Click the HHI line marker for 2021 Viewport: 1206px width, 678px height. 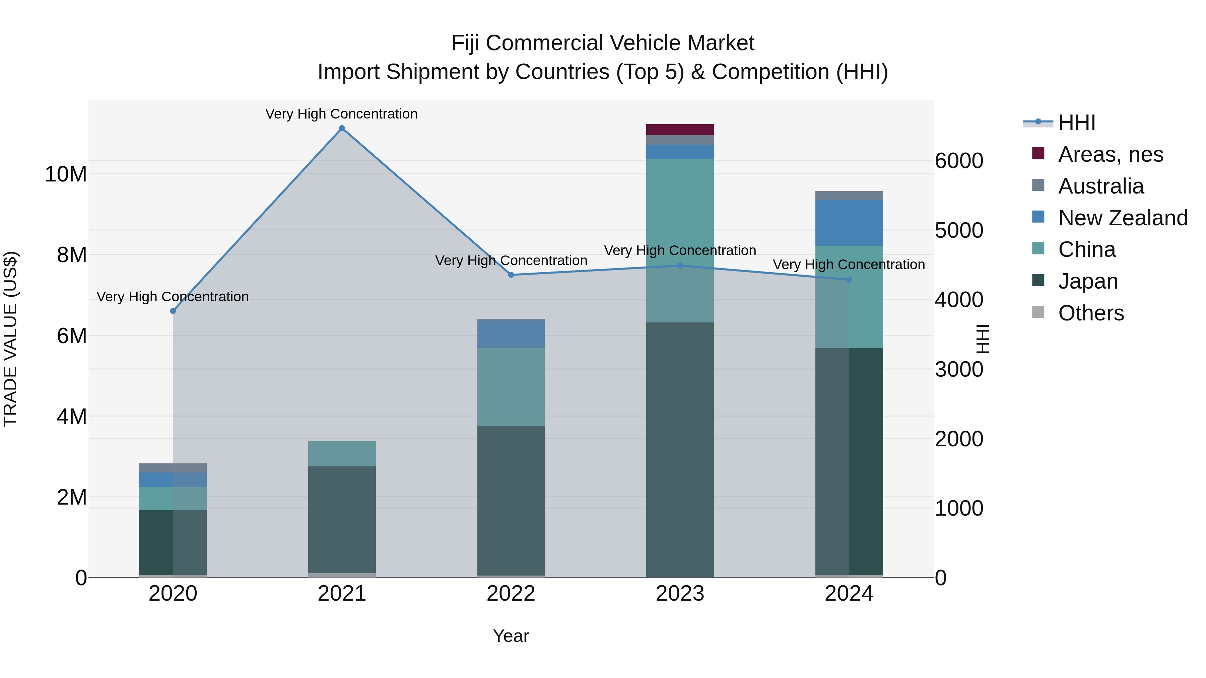pyautogui.click(x=342, y=128)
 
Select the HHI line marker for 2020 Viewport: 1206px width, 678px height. pyautogui.click(x=173, y=311)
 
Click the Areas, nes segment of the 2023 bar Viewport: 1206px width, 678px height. pyautogui.click(x=680, y=130)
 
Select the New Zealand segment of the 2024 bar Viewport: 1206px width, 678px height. pyautogui.click(x=849, y=223)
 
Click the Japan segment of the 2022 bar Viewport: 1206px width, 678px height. pyautogui.click(x=511, y=501)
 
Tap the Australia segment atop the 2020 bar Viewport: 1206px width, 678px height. pyautogui.click(x=173, y=468)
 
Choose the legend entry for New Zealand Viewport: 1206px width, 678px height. pyautogui.click(x=1123, y=218)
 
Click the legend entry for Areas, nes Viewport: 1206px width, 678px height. pyautogui.click(x=1111, y=154)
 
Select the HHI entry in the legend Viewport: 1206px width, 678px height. pyautogui.click(x=1076, y=123)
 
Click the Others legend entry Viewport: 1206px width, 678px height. pyautogui.click(x=1091, y=313)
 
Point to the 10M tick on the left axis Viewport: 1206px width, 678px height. pyautogui.click(x=66, y=174)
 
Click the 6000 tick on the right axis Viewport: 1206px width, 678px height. pyautogui.click(x=959, y=161)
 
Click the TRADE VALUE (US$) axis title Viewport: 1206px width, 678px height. pyautogui.click(x=10, y=339)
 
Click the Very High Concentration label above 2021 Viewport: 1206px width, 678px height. pyautogui.click(x=341, y=114)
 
